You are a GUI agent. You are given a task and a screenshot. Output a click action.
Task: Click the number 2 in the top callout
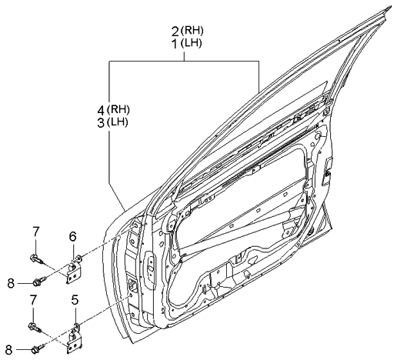point(176,31)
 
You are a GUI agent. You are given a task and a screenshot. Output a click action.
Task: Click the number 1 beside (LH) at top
point(176,45)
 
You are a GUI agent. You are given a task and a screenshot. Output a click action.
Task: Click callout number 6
point(73,236)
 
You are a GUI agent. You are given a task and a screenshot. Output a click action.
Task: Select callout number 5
point(75,300)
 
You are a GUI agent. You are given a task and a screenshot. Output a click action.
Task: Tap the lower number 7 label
point(33,298)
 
